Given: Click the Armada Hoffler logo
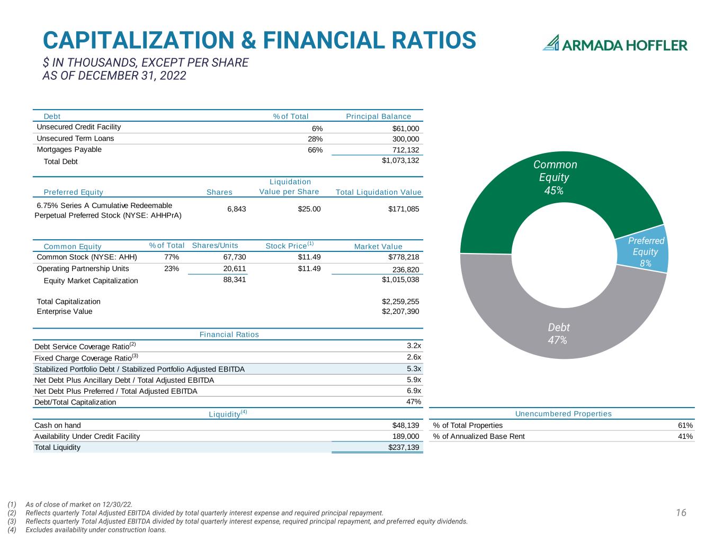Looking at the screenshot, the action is pyautogui.click(x=614, y=43).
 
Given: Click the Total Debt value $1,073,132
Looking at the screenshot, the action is pyautogui.click(x=400, y=160).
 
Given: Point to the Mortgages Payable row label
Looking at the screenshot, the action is pyautogui.click(x=69, y=149).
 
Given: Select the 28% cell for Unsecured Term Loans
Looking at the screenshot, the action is pyautogui.click(x=315, y=139).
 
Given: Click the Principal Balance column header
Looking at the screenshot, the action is pyautogui.click(x=379, y=116).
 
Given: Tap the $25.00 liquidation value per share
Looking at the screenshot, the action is pyautogui.click(x=309, y=209).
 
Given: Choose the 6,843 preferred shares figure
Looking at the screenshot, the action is pyautogui.click(x=237, y=209).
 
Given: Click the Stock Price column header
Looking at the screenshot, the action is pyautogui.click(x=290, y=245).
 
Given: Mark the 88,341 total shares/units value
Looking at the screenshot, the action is pyautogui.click(x=235, y=279).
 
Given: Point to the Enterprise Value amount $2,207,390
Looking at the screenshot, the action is pyautogui.click(x=400, y=311).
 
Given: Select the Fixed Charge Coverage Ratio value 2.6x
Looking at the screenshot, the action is pyautogui.click(x=414, y=357).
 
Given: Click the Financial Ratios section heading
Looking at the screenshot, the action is pyautogui.click(x=229, y=335).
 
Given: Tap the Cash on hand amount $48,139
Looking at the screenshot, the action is pyautogui.click(x=406, y=425).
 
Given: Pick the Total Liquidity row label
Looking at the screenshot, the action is pyautogui.click(x=57, y=447).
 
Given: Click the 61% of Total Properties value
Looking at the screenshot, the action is pyautogui.click(x=685, y=425).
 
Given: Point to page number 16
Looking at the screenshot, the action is pyautogui.click(x=681, y=512).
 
